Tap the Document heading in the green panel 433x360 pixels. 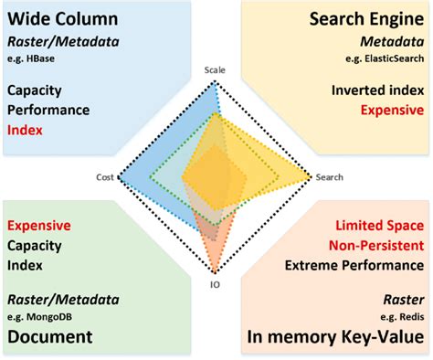(50, 336)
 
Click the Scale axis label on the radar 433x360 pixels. (215, 69)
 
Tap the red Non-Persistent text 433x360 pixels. (376, 245)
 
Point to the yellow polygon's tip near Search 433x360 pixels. (311, 174)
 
